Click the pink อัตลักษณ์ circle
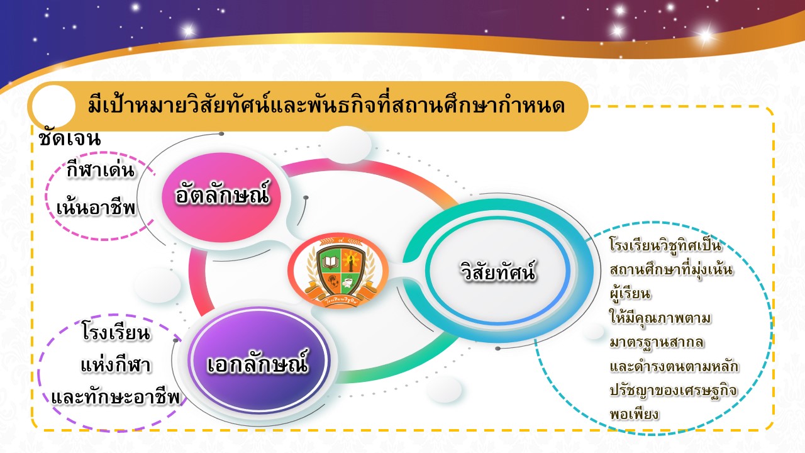point(221,197)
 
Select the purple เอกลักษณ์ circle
point(258,362)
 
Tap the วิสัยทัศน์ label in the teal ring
point(498,271)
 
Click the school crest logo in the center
point(338,271)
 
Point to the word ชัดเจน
point(70,138)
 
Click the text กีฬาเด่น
point(100,170)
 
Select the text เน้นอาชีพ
point(96,208)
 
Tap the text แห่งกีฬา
point(116,365)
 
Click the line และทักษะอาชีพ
point(116,397)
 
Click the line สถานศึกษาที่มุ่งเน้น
point(671,270)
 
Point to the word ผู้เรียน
point(630,293)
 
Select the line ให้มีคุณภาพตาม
point(660,318)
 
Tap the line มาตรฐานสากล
point(657,342)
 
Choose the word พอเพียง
point(635,414)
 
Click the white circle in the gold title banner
point(54,106)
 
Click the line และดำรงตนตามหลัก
point(674,366)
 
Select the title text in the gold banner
point(326,106)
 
